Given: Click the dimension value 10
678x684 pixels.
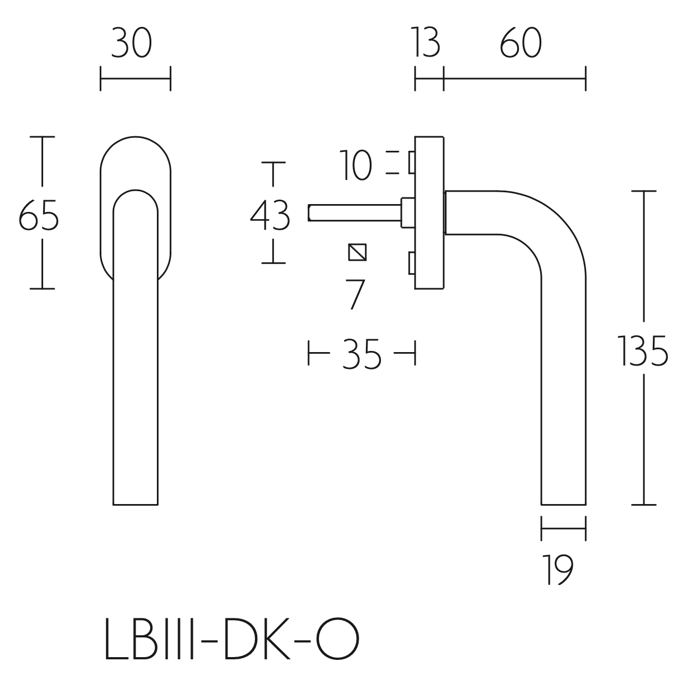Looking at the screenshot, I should pos(356,167).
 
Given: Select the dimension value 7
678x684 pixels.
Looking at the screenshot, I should pos(356,294).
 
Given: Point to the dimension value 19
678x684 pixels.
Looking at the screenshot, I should pos(558,570).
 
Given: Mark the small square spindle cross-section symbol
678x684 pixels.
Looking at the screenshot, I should pos(357,252).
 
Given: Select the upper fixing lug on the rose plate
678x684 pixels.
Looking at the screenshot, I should pos(412,163).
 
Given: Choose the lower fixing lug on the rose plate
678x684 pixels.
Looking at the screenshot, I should pos(412,264).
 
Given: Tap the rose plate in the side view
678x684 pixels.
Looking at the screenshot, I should pos(429,213).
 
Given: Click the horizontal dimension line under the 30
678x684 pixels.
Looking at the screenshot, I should pos(135,78).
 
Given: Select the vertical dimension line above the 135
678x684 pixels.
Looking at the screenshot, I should pos(644,258).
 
